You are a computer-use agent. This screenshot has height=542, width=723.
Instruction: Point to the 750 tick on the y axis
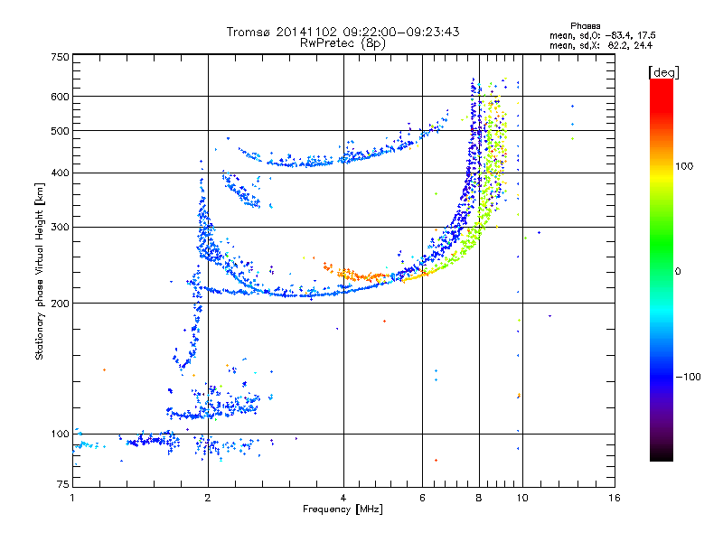tap(60, 56)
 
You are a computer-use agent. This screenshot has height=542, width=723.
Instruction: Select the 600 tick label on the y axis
tap(60, 96)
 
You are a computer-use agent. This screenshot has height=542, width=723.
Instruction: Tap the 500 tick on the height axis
tap(60, 130)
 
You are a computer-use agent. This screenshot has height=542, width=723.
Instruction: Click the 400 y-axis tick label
tap(60, 173)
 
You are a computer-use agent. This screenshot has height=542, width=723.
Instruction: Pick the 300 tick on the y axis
tap(60, 227)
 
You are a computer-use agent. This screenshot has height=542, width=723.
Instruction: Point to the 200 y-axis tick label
tap(60, 303)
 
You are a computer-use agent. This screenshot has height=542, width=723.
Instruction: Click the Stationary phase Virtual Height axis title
tap(39, 271)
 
